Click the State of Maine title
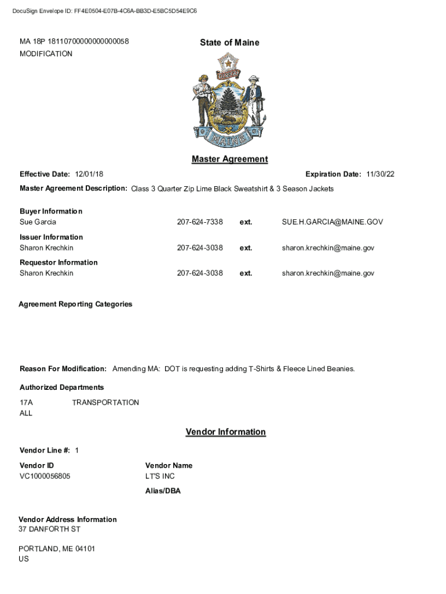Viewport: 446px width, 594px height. (x=229, y=42)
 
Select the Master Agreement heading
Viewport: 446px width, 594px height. (x=229, y=159)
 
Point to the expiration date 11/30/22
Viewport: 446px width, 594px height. (x=380, y=174)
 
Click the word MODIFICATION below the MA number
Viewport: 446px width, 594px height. (x=46, y=54)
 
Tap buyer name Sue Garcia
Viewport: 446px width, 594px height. (x=38, y=222)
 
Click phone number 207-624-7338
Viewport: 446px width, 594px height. (x=200, y=222)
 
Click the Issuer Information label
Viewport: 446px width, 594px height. (x=51, y=237)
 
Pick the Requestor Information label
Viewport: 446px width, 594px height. (x=59, y=262)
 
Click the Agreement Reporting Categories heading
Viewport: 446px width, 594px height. (x=75, y=304)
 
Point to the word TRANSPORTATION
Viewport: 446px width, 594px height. (x=105, y=403)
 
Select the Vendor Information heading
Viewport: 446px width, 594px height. (x=225, y=432)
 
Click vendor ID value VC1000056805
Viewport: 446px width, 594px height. (x=45, y=476)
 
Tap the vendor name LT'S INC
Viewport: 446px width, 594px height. (x=160, y=476)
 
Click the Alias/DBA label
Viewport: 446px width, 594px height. (x=163, y=491)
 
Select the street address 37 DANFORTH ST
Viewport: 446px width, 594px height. (x=49, y=530)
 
